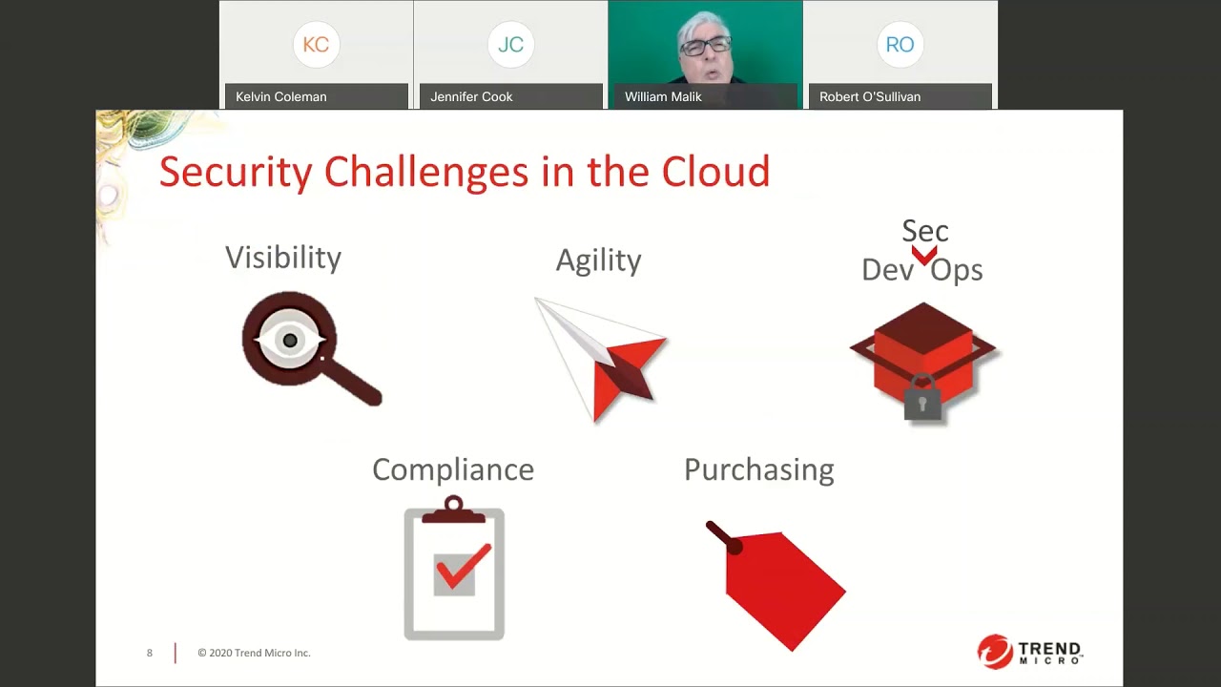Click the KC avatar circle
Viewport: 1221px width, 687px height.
pyautogui.click(x=316, y=45)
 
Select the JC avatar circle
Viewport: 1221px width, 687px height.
pyautogui.click(x=510, y=45)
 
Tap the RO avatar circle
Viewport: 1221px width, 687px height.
pyautogui.click(x=900, y=45)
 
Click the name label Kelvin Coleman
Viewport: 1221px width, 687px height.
pyautogui.click(x=281, y=96)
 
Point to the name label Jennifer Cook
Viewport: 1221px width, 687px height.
pyautogui.click(x=471, y=96)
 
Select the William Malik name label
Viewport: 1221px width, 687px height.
pyautogui.click(x=663, y=96)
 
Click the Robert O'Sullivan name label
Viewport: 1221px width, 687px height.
pyautogui.click(x=870, y=96)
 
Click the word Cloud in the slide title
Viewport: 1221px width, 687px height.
pyautogui.click(x=715, y=172)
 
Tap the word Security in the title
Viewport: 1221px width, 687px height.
pyautogui.click(x=235, y=173)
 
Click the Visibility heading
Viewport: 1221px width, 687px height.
pyautogui.click(x=283, y=258)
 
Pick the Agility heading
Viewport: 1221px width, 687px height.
pyautogui.click(x=598, y=260)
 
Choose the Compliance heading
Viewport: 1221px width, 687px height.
pyautogui.click(x=453, y=469)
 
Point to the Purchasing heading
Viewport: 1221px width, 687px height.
pyautogui.click(x=758, y=469)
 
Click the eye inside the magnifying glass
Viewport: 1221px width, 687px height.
pyautogui.click(x=289, y=340)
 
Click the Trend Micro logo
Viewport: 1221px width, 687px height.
pyautogui.click(x=1030, y=652)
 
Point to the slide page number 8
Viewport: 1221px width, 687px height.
pyautogui.click(x=150, y=653)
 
